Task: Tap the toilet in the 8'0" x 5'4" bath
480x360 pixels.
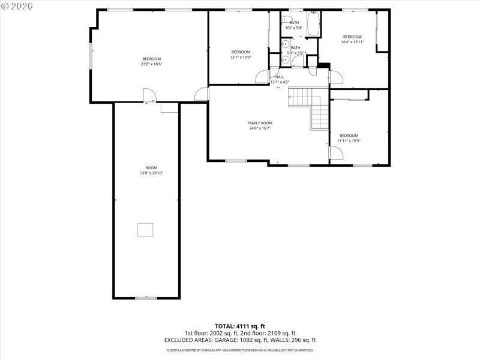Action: click(287, 19)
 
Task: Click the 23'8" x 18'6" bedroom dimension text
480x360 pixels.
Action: click(152, 64)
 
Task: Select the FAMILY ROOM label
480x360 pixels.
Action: click(260, 123)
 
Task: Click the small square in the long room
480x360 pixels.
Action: click(145, 230)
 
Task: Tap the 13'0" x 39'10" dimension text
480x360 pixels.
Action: click(151, 173)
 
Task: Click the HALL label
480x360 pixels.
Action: click(280, 77)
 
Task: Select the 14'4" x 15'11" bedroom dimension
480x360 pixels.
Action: click(352, 42)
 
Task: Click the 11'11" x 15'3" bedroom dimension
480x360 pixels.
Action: click(349, 141)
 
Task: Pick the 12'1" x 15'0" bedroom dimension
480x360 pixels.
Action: click(241, 58)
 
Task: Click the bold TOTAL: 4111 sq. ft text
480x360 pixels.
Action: click(240, 326)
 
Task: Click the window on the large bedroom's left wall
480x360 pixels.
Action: click(91, 56)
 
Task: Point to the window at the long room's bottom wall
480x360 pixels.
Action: click(145, 298)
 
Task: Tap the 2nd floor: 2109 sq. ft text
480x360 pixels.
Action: click(273, 333)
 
